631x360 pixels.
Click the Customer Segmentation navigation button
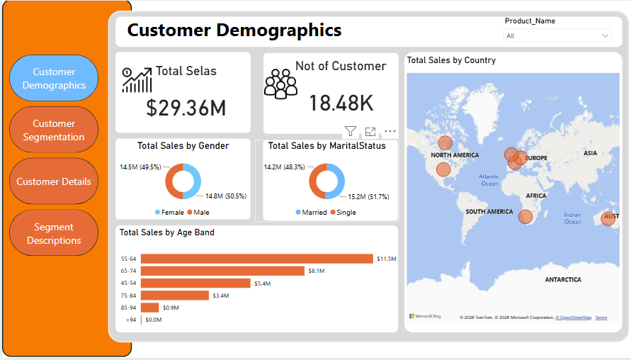[x=54, y=130]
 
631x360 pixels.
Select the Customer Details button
[x=54, y=181]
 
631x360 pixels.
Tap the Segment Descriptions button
[x=54, y=233]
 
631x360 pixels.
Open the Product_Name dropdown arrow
[x=605, y=36]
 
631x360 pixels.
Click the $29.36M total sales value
[x=186, y=108]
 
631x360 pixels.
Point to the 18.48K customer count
[x=341, y=103]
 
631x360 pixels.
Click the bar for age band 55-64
[x=257, y=259]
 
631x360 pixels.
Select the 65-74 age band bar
[x=222, y=271]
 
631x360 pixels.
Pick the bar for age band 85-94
[x=149, y=308]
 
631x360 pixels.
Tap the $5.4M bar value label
[x=262, y=283]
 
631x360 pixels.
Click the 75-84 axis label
[x=128, y=296]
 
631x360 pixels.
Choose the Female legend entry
[x=169, y=212]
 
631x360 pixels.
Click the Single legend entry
[x=343, y=212]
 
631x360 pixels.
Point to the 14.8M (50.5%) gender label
[x=226, y=196]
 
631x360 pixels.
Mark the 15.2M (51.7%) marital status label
[x=369, y=196]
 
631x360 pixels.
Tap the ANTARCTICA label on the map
[x=563, y=279]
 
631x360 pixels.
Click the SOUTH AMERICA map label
[x=489, y=211]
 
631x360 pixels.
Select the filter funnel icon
[x=350, y=131]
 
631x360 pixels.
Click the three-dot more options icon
[x=390, y=131]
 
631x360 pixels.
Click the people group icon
[x=280, y=84]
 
